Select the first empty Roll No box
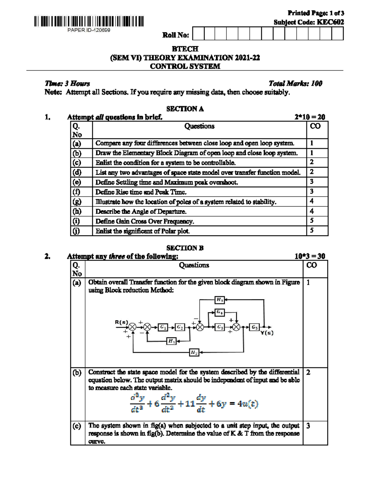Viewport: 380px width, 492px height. tap(198, 34)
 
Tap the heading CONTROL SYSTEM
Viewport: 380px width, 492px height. tap(185, 66)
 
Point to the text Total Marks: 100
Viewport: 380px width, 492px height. tap(295, 84)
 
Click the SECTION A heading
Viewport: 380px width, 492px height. tap(185, 109)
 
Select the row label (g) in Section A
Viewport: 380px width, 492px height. tap(77, 201)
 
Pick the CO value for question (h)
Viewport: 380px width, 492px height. tap(312, 211)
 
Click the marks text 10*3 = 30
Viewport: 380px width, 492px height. tap(310, 256)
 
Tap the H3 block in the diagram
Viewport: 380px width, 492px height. tap(219, 300)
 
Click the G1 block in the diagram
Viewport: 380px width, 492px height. tap(163, 327)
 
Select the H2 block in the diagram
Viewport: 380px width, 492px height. tap(194, 352)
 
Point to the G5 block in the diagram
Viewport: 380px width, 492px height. tap(254, 327)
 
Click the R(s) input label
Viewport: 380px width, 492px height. tap(121, 322)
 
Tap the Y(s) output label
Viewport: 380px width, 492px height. tap(267, 333)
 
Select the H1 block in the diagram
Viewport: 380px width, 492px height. tap(171, 341)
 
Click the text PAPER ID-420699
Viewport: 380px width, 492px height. tap(89, 30)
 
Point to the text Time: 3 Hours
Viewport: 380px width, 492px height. tap(67, 84)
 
